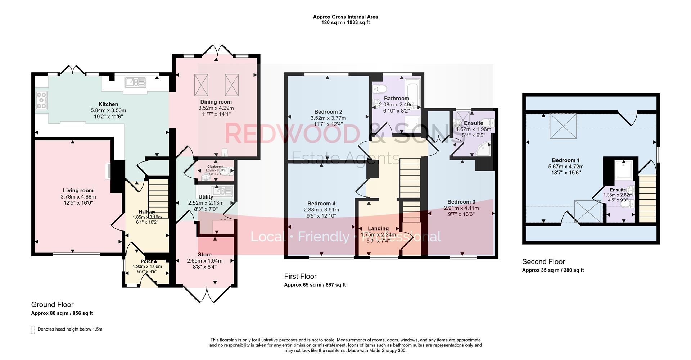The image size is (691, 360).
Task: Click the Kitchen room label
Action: pyautogui.click(x=108, y=104)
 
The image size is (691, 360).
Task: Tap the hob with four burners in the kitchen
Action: pyautogui.click(x=42, y=100)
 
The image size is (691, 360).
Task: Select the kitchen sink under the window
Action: pyautogui.click(x=135, y=83)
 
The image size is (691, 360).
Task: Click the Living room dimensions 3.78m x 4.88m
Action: pyautogui.click(x=78, y=197)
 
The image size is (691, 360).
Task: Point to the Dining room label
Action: pyautogui.click(x=216, y=102)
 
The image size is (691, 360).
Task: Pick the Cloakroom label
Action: pyautogui.click(x=215, y=167)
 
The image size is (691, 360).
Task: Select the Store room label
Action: pyautogui.click(x=204, y=255)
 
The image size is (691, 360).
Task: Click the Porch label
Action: pyautogui.click(x=147, y=261)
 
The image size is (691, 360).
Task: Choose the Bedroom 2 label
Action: pyautogui.click(x=328, y=112)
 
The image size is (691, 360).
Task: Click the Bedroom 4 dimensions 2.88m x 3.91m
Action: pyautogui.click(x=321, y=210)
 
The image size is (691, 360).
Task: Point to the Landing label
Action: pyautogui.click(x=378, y=228)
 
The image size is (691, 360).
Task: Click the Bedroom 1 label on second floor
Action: pyautogui.click(x=566, y=160)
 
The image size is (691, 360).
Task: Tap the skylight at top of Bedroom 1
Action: pyautogui.click(x=563, y=126)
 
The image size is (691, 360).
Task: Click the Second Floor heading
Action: pyautogui.click(x=543, y=261)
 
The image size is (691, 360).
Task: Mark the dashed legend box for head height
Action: pyautogui.click(x=33, y=329)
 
